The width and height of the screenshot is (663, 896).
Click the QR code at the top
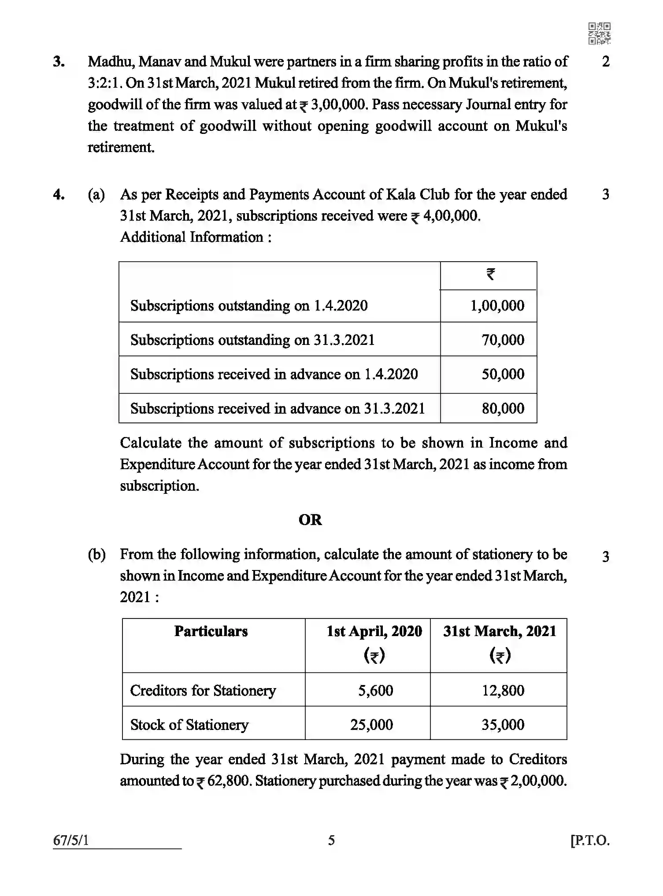599,34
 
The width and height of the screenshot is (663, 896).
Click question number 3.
59,62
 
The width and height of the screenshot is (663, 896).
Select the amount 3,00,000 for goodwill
338,105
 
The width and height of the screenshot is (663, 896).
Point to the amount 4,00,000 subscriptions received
450,216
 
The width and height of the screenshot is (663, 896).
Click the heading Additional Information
195,237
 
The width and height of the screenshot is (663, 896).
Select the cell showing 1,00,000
497,306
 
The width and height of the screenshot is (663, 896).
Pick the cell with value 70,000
503,340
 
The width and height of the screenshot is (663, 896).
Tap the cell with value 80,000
503,408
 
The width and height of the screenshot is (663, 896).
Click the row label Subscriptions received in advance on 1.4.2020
274,374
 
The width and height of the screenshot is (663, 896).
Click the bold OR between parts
310,520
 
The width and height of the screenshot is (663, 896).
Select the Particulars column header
211,631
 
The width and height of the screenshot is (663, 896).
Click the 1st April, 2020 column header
374,631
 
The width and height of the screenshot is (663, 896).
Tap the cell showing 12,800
503,690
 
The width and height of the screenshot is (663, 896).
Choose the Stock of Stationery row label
189,725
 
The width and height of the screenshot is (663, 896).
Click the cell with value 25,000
371,725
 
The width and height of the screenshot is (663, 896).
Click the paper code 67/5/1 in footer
71,840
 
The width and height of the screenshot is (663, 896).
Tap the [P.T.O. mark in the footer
590,840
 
